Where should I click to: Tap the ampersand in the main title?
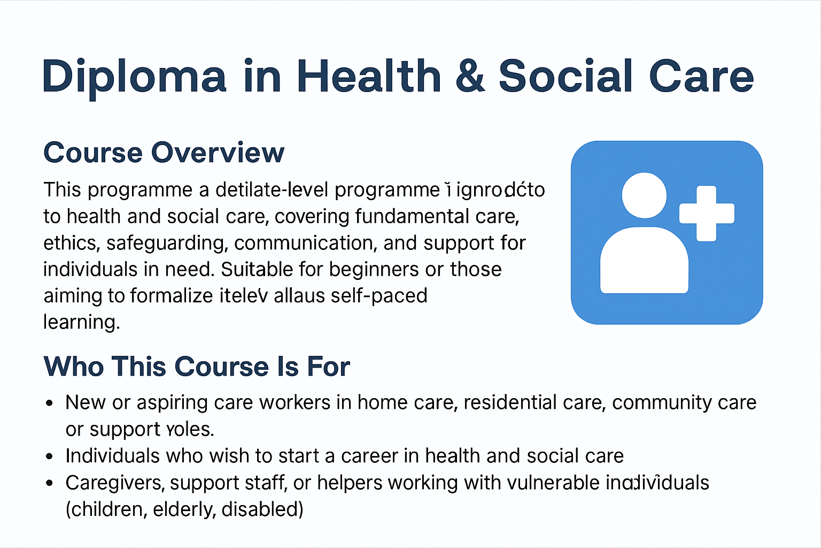pos(470,76)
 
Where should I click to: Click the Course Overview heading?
pos(164,153)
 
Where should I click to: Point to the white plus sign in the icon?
pos(706,213)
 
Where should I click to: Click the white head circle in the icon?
pos(644,195)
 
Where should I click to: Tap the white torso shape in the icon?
pos(644,262)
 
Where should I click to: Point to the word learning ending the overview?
pos(81,322)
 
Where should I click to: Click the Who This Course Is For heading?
pos(197,367)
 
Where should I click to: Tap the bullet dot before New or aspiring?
pos(50,404)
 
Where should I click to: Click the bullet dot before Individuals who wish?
pos(50,456)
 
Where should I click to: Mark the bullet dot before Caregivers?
pos(50,483)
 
